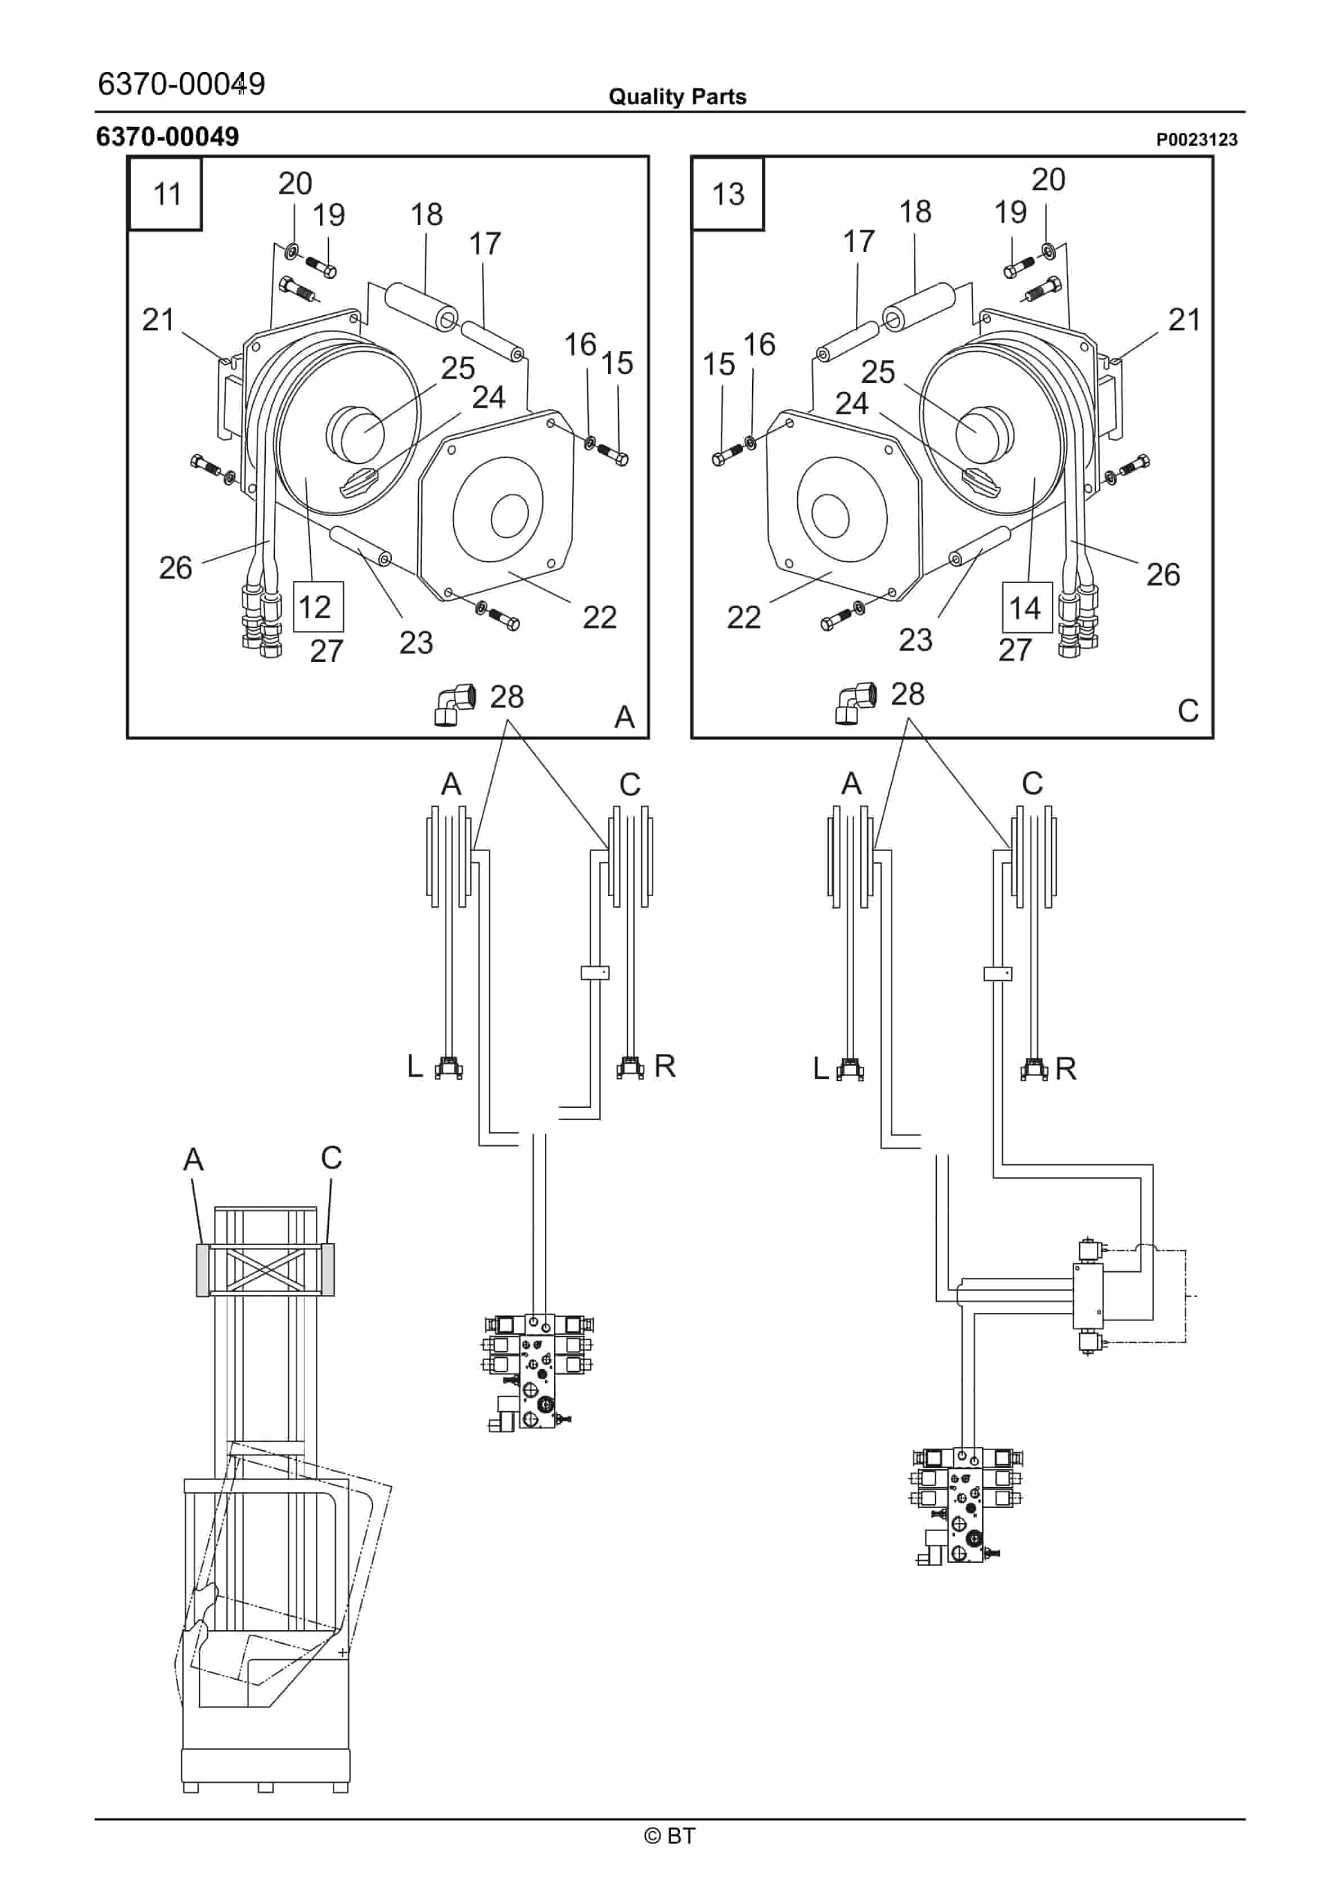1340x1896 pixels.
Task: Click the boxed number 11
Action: coord(167,195)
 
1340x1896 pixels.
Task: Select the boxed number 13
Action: coord(728,195)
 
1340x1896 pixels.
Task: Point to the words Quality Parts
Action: coord(677,97)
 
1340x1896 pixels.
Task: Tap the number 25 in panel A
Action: coord(458,368)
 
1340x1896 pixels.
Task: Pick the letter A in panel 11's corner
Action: coord(624,717)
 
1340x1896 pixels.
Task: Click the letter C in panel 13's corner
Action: coord(1187,711)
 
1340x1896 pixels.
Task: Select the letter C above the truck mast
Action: coord(331,1158)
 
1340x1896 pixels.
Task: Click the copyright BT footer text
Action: coord(669,1836)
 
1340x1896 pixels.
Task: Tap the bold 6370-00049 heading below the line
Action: coord(168,136)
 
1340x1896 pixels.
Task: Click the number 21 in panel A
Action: coord(158,320)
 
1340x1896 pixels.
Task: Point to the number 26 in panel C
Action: coord(1163,575)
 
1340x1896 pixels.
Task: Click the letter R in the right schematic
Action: coord(1066,1068)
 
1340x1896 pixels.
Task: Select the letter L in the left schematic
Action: coord(415,1066)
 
